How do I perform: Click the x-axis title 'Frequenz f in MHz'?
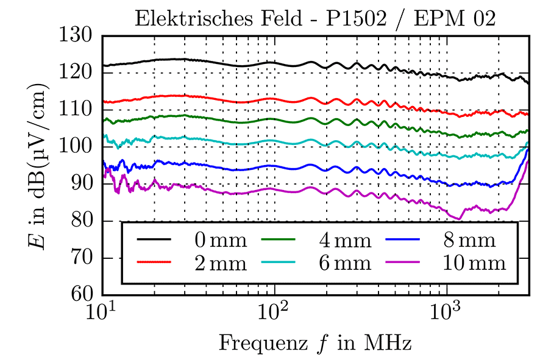[315, 343]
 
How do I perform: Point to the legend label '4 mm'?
[344, 240]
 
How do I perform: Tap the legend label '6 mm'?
[344, 263]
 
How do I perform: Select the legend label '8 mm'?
[470, 240]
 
